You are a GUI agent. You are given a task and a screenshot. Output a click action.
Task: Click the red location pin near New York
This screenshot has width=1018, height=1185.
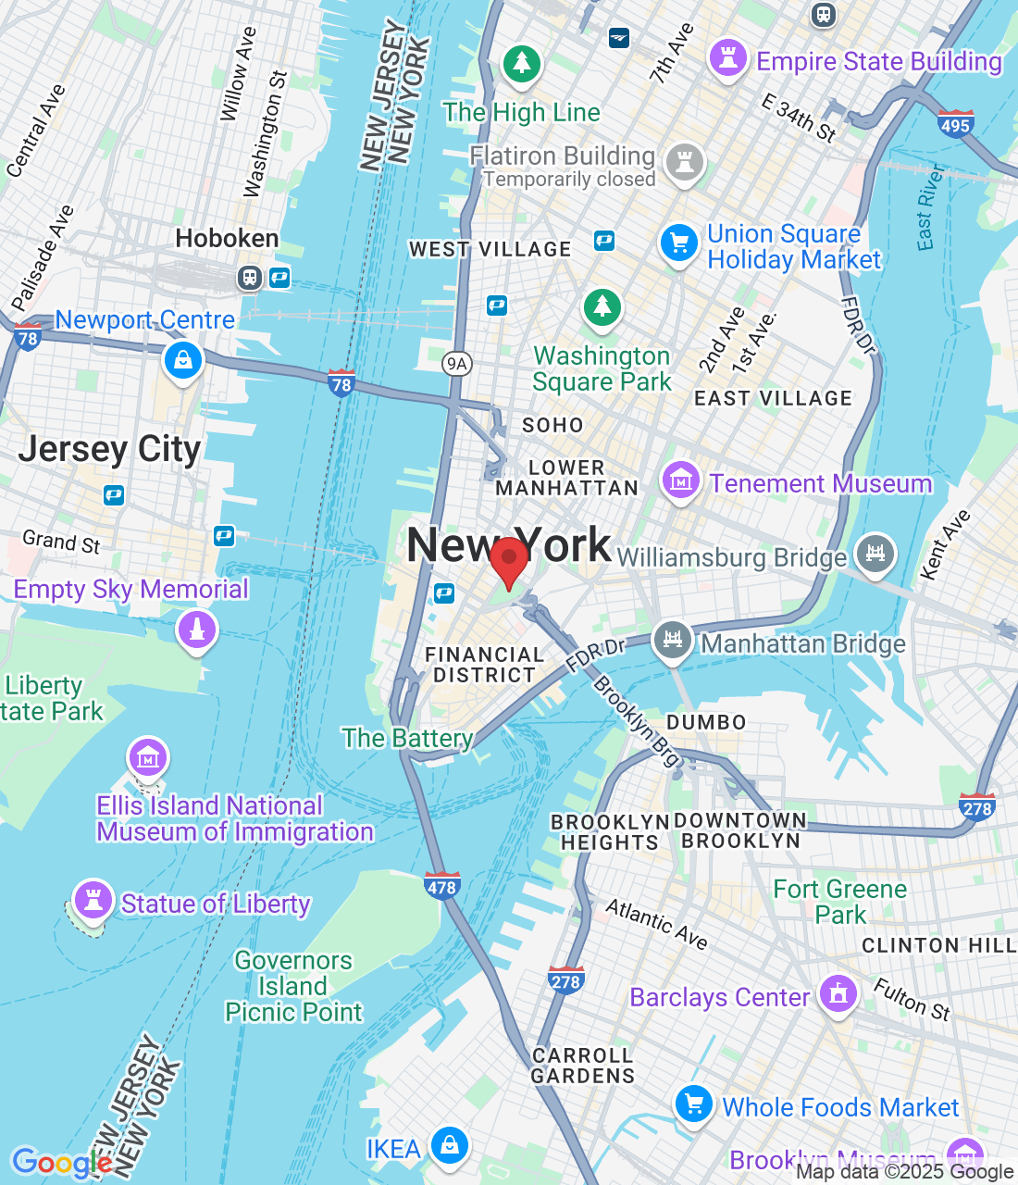pyautogui.click(x=508, y=561)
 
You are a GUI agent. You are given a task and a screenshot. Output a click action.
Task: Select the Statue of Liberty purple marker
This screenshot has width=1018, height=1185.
pyautogui.click(x=93, y=899)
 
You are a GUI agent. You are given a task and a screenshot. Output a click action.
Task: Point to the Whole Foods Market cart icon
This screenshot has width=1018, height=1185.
pyautogui.click(x=693, y=1103)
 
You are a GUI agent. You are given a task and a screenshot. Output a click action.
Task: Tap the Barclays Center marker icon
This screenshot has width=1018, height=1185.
pyautogui.click(x=838, y=995)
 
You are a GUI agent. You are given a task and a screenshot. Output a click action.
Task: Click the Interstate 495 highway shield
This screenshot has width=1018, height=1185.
pyautogui.click(x=954, y=124)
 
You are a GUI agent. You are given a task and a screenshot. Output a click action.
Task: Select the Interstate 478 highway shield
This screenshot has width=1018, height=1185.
pyautogui.click(x=441, y=886)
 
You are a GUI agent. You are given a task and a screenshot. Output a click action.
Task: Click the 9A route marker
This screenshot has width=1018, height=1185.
pyautogui.click(x=456, y=363)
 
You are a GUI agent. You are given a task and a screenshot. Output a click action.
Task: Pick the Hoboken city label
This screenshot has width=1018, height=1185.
pyautogui.click(x=227, y=239)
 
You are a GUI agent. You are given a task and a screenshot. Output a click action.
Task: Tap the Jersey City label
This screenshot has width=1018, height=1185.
pyautogui.click(x=109, y=449)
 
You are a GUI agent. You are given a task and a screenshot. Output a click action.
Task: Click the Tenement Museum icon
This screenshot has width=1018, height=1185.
pyautogui.click(x=680, y=481)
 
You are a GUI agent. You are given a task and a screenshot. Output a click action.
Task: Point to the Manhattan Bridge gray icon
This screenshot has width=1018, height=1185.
pyautogui.click(x=673, y=640)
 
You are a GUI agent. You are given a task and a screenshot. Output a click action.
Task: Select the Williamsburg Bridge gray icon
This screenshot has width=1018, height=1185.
pyautogui.click(x=875, y=553)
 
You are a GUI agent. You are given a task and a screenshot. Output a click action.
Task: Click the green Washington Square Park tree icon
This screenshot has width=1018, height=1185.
pyautogui.click(x=602, y=306)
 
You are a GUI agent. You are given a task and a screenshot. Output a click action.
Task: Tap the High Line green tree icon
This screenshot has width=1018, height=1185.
pyautogui.click(x=522, y=64)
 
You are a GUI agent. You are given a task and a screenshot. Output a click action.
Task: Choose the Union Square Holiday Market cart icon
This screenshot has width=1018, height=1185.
pyautogui.click(x=678, y=243)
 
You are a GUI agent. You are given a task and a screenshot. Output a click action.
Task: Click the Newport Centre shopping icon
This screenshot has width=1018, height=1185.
pyautogui.click(x=183, y=360)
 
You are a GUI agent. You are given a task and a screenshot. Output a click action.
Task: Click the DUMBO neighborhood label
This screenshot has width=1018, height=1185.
pyautogui.click(x=706, y=722)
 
